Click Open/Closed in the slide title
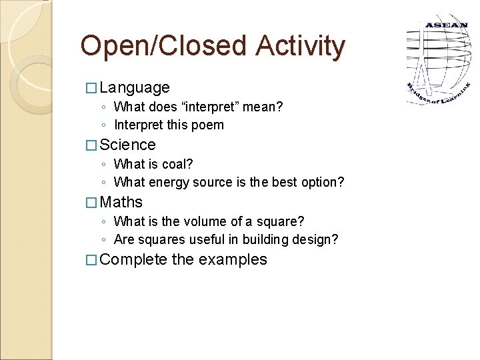pyautogui.click(x=162, y=46)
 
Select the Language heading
pyautogui.click(x=135, y=87)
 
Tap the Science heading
pyautogui.click(x=127, y=145)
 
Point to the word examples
pyautogui.click(x=233, y=259)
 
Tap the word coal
pyautogui.click(x=177, y=164)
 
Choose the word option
pyautogui.click(x=323, y=182)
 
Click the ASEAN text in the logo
pyautogui.click(x=446, y=25)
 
